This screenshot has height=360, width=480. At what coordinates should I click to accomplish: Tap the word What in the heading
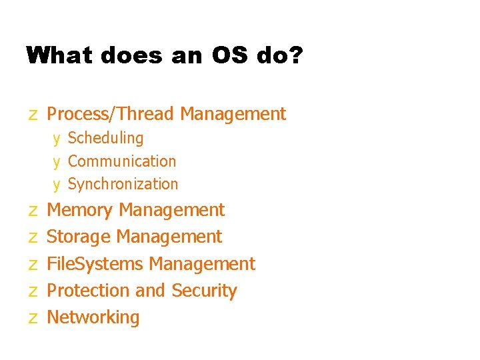coord(61,55)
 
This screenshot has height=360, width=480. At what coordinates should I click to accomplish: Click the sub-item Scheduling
coord(105,138)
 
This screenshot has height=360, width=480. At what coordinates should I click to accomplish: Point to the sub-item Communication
coord(122,161)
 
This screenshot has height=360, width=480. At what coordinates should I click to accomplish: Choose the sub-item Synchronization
coord(123,184)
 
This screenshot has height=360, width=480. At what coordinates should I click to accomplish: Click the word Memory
coord(80,210)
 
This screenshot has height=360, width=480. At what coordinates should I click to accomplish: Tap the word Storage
coord(79,237)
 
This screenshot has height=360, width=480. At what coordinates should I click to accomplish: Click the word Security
coord(204,291)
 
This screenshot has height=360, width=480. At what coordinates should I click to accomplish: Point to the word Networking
coord(93,317)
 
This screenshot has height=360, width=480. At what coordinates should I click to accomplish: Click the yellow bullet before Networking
coord(33,319)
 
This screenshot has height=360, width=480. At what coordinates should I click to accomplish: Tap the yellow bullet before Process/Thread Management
coord(33,115)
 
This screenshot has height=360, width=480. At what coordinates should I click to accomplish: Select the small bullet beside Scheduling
coord(57,139)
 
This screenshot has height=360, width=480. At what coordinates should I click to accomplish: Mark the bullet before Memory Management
coord(33,211)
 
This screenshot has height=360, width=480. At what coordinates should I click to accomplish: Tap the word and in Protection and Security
coord(150,291)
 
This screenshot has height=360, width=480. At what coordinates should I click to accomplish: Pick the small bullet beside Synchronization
coord(57,185)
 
